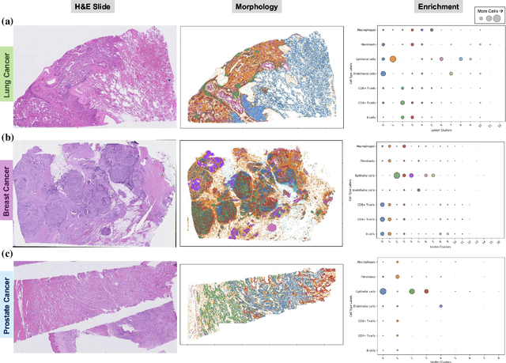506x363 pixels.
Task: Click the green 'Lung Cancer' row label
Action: click(x=8, y=77)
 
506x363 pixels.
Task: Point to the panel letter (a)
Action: click(x=7, y=23)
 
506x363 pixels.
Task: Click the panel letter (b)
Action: click(x=7, y=138)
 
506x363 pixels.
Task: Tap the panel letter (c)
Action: click(x=7, y=254)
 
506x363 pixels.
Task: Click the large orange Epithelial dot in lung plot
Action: click(x=393, y=59)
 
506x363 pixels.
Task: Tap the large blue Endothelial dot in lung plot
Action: click(x=383, y=74)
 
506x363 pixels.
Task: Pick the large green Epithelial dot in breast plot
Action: click(x=396, y=176)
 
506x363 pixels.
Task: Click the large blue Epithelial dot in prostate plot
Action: click(x=383, y=292)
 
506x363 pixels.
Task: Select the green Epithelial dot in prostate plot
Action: click(x=412, y=292)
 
